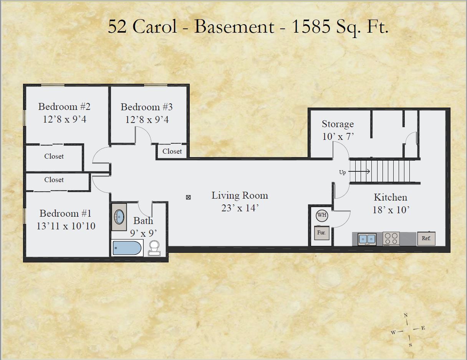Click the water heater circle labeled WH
coord(322,216)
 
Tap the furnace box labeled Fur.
coord(322,233)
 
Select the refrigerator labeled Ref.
coord(426,238)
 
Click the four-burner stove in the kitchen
coord(391,239)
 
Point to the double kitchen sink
coord(367,239)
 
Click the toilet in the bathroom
coord(154,248)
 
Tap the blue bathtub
coord(127,248)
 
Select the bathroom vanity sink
coord(119,217)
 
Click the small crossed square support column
coord(188,197)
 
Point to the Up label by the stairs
coord(342,172)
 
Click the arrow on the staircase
coord(359,171)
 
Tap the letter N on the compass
coord(406,315)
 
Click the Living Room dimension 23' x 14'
coord(240,208)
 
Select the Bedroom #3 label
coord(147,107)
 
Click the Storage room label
coord(338,124)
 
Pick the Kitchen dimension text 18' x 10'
coord(391,210)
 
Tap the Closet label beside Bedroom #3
coord(172,151)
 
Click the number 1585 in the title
coord(311,27)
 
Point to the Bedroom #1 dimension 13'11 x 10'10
coord(66,226)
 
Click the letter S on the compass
coord(410,345)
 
